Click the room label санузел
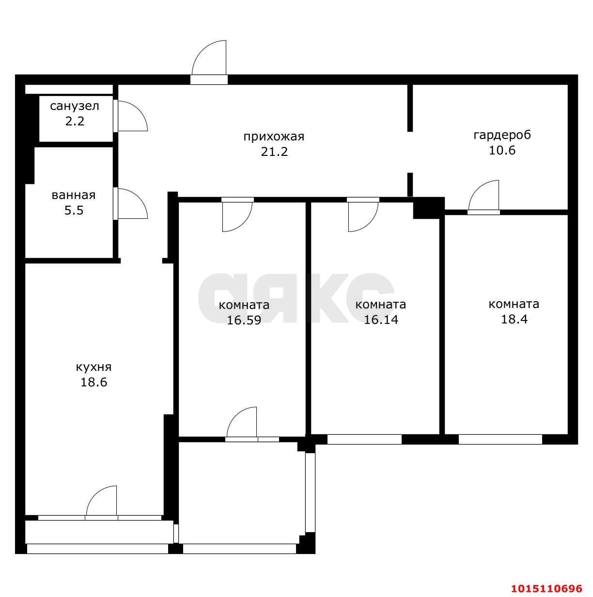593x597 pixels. click(x=75, y=106)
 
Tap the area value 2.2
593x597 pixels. click(x=75, y=121)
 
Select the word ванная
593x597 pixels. click(x=74, y=195)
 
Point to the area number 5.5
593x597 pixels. click(x=74, y=210)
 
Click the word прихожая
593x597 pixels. click(x=274, y=137)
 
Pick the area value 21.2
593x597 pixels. click(x=274, y=152)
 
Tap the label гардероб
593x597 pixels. click(x=502, y=135)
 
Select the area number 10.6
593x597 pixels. click(x=502, y=150)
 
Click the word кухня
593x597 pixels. click(x=94, y=367)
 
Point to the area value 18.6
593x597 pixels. click(x=94, y=382)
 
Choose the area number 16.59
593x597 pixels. click(x=244, y=320)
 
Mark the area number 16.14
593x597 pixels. click(x=380, y=320)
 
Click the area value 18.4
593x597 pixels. click(x=514, y=319)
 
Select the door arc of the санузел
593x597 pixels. click(x=140, y=111)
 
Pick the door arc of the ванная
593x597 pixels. click(x=140, y=199)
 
